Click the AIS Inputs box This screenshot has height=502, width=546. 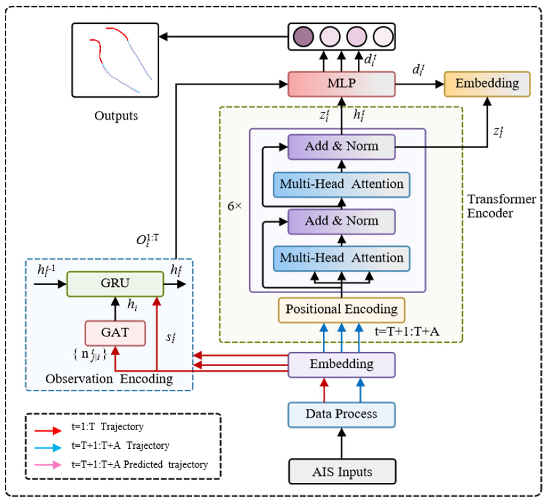[342, 472]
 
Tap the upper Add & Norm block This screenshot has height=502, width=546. [342, 147]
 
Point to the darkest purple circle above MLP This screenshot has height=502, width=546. [303, 37]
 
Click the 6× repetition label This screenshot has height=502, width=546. [235, 207]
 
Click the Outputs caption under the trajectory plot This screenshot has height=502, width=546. [116, 116]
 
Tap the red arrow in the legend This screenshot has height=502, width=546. [48, 431]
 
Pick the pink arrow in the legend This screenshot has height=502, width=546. [48, 465]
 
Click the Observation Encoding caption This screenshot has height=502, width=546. [109, 379]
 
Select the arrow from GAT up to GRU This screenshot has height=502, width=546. [116, 309]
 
